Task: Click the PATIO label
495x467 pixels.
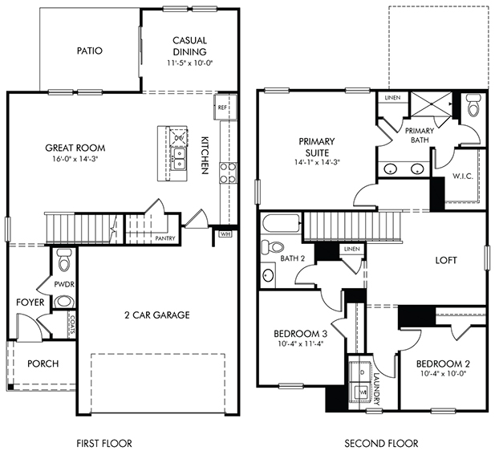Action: click(x=90, y=51)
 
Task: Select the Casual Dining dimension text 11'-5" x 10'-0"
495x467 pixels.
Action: click(x=190, y=63)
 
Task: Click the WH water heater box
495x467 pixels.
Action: click(x=225, y=234)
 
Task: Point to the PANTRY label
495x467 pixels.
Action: click(x=165, y=238)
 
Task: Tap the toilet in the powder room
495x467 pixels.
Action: click(x=64, y=260)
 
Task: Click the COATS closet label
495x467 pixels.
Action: click(x=72, y=325)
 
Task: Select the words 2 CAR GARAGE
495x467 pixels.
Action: click(x=157, y=315)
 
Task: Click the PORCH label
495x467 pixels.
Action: click(x=43, y=363)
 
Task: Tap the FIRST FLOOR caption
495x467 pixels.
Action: click(x=104, y=443)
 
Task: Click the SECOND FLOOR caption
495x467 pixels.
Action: click(x=381, y=443)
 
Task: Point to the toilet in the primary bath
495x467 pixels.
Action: click(x=473, y=105)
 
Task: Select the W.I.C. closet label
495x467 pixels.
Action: click(x=463, y=177)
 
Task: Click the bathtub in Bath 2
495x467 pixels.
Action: click(x=281, y=224)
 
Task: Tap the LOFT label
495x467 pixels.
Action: click(x=446, y=260)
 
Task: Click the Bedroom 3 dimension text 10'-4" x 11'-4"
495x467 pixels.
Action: click(x=300, y=344)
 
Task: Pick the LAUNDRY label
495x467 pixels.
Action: click(x=376, y=389)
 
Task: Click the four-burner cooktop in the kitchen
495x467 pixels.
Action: click(x=228, y=173)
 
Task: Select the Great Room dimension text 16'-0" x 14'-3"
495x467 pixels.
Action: click(x=75, y=159)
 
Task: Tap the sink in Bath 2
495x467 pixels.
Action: click(x=268, y=275)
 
